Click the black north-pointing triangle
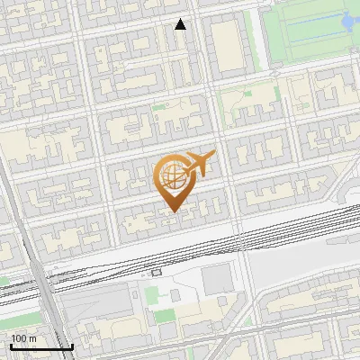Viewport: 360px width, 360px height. click(x=181, y=24)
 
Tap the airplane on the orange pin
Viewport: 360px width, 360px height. click(x=197, y=164)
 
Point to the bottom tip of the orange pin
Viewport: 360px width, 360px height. click(x=171, y=211)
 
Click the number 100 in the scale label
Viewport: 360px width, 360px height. click(x=19, y=338)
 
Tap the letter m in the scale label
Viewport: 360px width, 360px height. click(x=32, y=338)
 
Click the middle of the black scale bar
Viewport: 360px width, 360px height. click(x=41, y=346)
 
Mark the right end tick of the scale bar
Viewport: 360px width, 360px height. click(x=71, y=346)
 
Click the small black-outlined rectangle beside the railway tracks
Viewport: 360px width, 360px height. click(x=157, y=271)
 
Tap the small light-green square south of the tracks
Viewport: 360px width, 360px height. click(x=149, y=292)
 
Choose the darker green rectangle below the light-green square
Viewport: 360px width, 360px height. click(x=163, y=315)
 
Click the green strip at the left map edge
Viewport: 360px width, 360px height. click(x=4, y=282)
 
